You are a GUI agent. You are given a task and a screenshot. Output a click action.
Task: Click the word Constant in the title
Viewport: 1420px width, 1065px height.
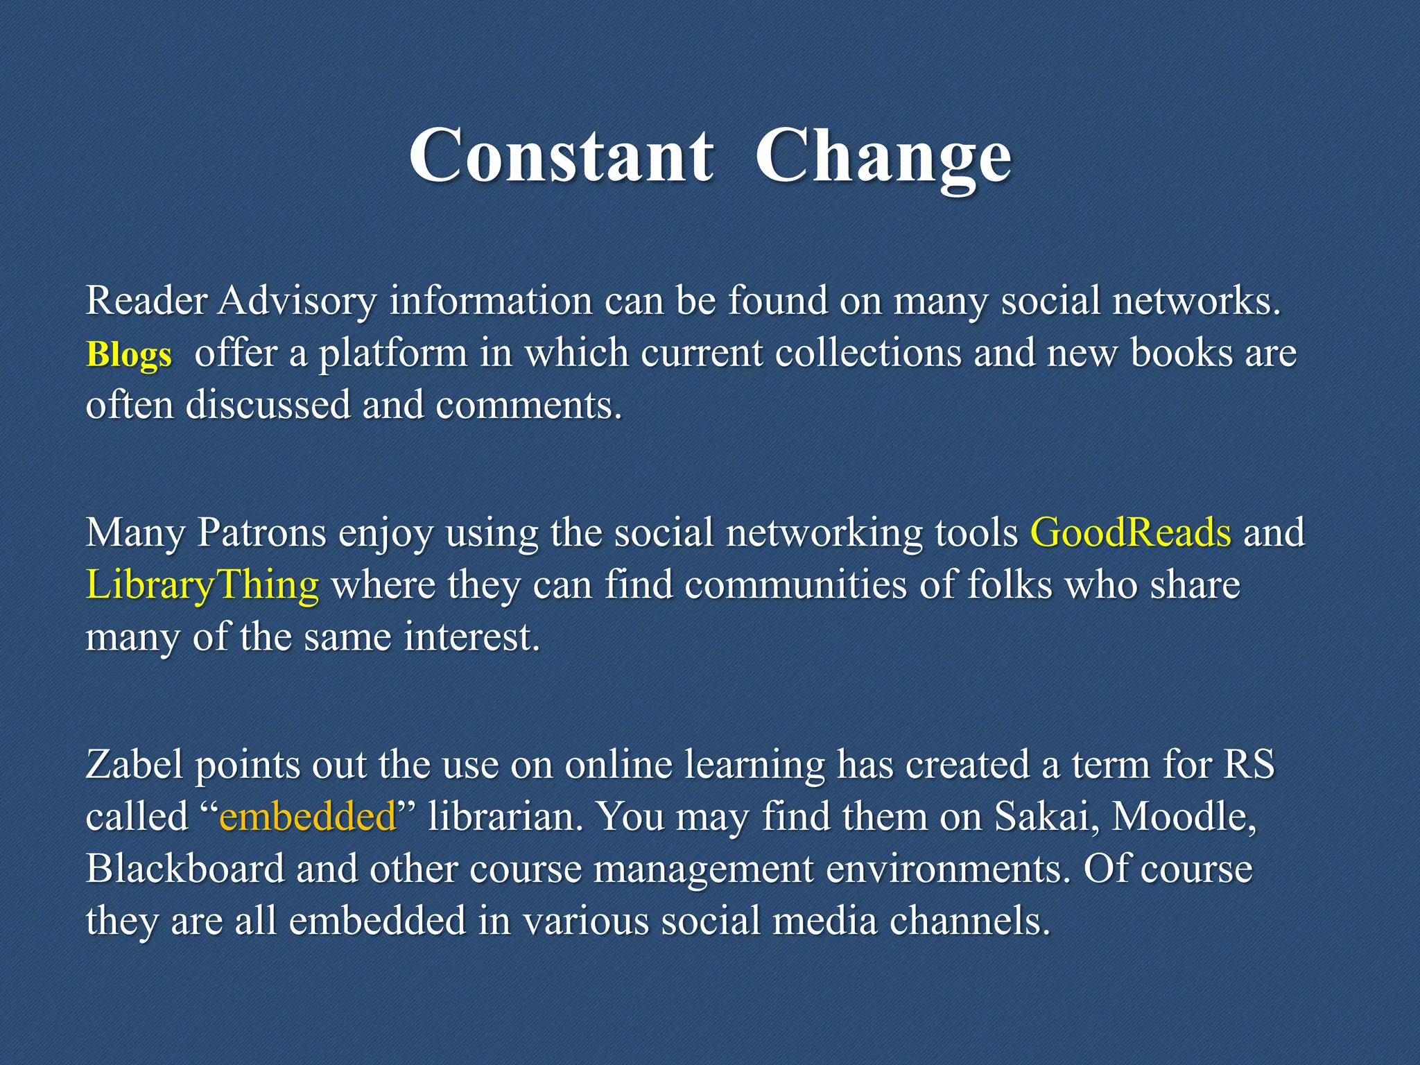coord(560,155)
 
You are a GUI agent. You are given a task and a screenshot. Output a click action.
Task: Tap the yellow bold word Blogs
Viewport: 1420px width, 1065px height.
coord(128,355)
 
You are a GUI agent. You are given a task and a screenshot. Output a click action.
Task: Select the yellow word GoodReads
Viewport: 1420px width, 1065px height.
coord(1130,532)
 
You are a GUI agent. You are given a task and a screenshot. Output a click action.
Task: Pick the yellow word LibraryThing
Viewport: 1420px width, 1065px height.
coord(202,585)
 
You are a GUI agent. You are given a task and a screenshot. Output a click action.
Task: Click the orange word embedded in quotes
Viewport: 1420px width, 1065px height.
coord(307,816)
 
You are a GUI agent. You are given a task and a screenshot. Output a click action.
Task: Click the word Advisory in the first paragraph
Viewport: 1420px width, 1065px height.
coord(297,302)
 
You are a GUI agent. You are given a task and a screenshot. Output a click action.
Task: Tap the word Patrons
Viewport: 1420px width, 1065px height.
coord(261,532)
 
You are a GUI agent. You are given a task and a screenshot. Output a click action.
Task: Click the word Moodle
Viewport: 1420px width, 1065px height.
coord(1184,816)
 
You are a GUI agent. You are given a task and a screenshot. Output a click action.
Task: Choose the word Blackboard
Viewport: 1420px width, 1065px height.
coord(185,868)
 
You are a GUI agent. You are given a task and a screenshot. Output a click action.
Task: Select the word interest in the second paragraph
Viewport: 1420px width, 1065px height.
coord(471,637)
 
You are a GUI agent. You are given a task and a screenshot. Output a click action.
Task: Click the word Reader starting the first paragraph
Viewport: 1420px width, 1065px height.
coord(146,302)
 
